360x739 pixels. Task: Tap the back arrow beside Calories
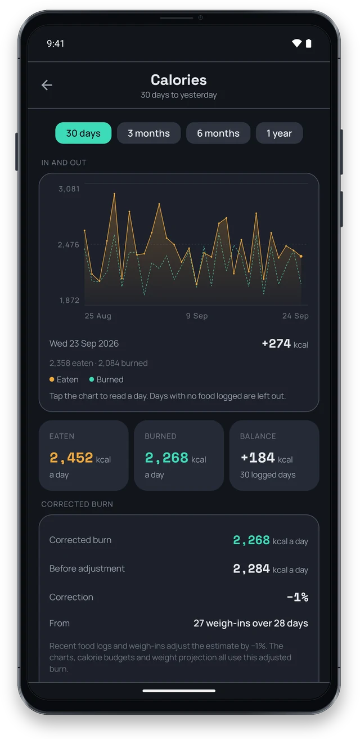[47, 85]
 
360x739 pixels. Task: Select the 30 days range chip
[83, 133]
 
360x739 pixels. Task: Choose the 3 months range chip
[148, 133]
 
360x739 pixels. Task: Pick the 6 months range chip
[218, 133]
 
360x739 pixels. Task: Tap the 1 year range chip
[279, 133]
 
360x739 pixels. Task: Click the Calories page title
[179, 80]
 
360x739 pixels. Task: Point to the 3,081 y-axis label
[69, 189]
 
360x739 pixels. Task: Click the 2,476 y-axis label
[69, 244]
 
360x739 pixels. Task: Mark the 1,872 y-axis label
[69, 300]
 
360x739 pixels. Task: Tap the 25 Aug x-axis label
[98, 316]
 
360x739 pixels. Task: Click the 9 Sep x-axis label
[197, 316]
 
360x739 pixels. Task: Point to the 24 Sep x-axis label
[295, 316]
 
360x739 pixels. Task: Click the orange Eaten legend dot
[52, 379]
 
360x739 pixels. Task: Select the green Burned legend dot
[92, 379]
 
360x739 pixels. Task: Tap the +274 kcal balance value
[285, 344]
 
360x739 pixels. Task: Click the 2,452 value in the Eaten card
[71, 458]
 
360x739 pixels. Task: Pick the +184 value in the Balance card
[258, 458]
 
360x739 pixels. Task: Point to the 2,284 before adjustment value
[251, 568]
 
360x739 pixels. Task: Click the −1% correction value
[298, 597]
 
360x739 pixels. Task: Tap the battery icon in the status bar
[309, 43]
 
